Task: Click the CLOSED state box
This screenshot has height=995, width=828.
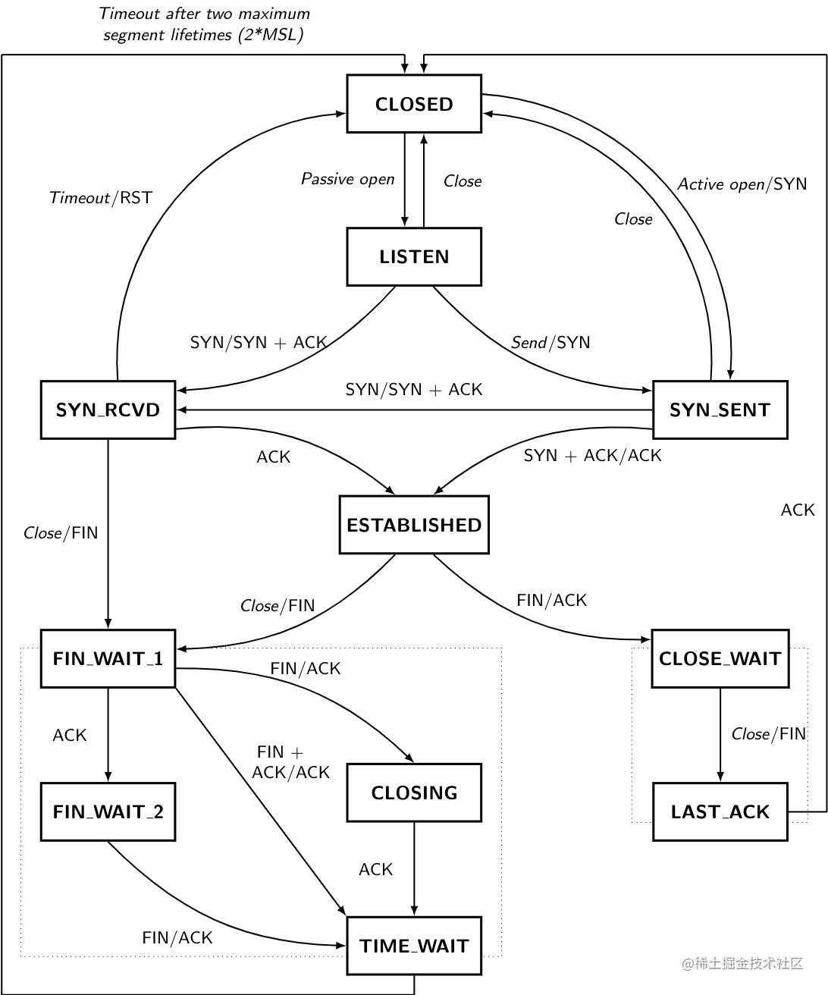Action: pos(414,103)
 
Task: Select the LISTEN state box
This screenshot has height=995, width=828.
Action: pos(414,257)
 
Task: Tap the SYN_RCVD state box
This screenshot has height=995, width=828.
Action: pos(108,410)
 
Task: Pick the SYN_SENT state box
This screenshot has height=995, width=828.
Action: pos(720,410)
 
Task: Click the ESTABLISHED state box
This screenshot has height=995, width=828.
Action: pos(414,525)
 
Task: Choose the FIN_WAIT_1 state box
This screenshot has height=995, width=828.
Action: pos(108,658)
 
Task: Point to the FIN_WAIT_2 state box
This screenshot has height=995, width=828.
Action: pos(108,811)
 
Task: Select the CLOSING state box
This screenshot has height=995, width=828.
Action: pos(414,793)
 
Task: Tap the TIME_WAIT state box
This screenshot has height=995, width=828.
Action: pos(414,946)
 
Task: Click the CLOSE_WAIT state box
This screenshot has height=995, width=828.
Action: pos(720,658)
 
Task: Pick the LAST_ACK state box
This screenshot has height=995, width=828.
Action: pos(720,811)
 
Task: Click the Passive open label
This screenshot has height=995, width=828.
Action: pos(348,179)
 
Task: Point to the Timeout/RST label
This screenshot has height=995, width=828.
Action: pos(101,197)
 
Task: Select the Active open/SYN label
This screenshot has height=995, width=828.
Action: pos(742,184)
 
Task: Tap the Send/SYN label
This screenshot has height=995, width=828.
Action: pos(550,342)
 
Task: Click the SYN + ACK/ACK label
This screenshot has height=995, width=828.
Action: pos(593,456)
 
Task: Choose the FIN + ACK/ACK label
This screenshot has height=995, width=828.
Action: pos(290,762)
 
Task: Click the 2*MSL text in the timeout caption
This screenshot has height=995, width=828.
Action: pos(271,35)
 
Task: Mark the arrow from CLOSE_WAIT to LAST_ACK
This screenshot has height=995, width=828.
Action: pos(720,735)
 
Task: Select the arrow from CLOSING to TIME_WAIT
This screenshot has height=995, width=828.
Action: pos(414,869)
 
